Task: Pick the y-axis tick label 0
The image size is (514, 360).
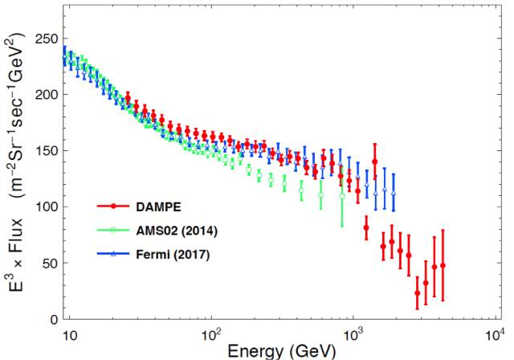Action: (x=55, y=319)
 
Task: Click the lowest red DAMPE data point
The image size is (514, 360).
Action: (x=417, y=293)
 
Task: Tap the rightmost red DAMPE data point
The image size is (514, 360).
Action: (x=443, y=265)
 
